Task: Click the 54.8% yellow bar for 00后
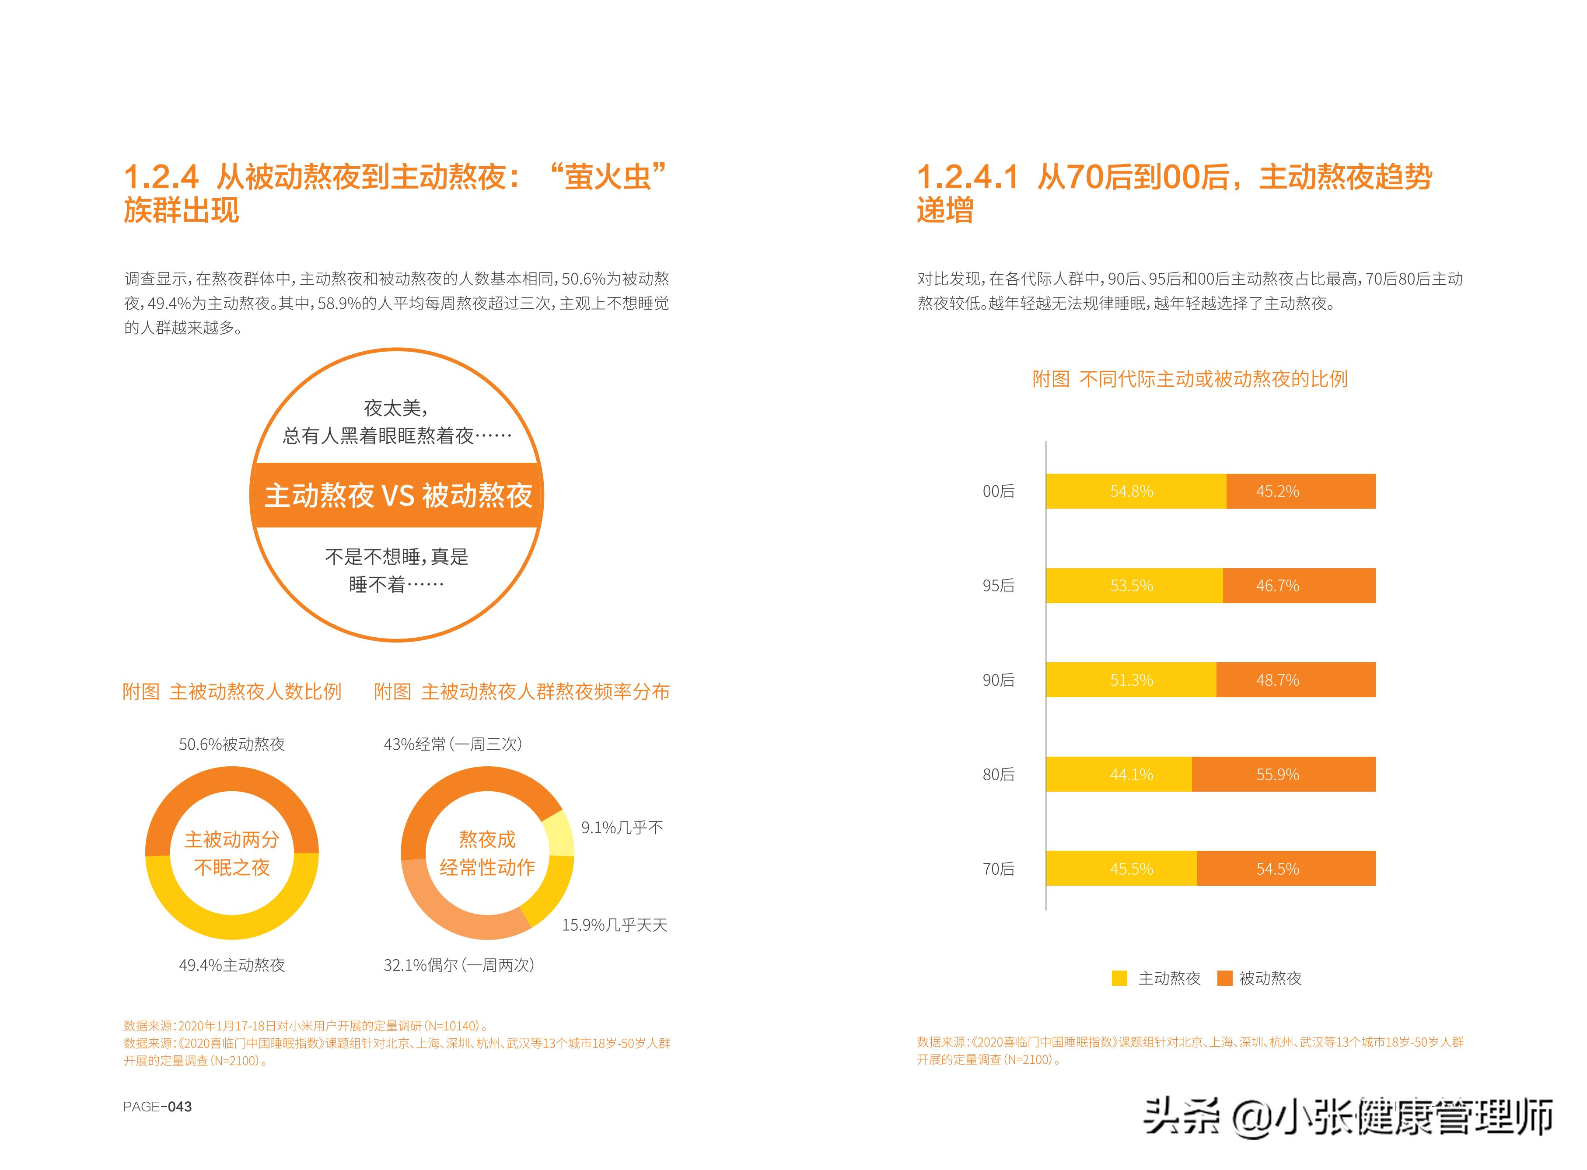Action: (1135, 491)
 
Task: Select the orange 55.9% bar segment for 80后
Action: (1283, 774)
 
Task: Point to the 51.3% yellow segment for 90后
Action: (1131, 680)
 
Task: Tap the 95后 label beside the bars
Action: (998, 586)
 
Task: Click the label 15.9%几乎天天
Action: (614, 925)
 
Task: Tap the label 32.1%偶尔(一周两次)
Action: (458, 964)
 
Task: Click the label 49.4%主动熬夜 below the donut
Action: (231, 964)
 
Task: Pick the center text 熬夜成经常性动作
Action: (487, 853)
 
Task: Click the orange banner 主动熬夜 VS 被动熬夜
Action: (397, 495)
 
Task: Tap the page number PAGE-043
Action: (157, 1106)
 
